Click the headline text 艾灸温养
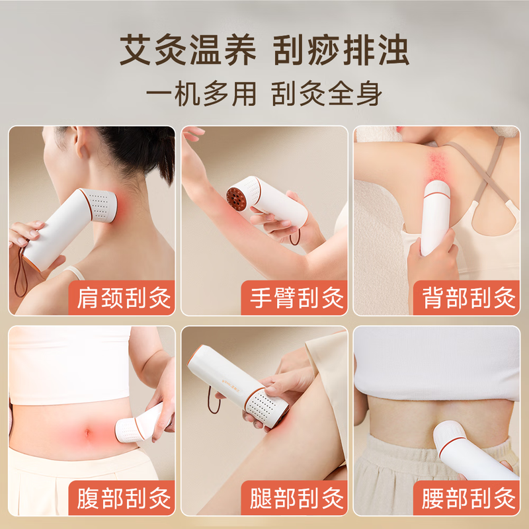(x=188, y=50)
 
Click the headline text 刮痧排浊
(x=341, y=50)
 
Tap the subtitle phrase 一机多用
(x=201, y=93)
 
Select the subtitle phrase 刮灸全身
(x=327, y=93)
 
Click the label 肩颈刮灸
(x=124, y=298)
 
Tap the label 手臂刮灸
(x=296, y=298)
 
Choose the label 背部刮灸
(x=469, y=298)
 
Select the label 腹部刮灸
(x=124, y=498)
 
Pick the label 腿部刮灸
(x=296, y=498)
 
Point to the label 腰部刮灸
(x=469, y=498)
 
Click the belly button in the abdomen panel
(x=88, y=433)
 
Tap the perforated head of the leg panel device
(x=266, y=407)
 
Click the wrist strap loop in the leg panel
(x=212, y=400)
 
